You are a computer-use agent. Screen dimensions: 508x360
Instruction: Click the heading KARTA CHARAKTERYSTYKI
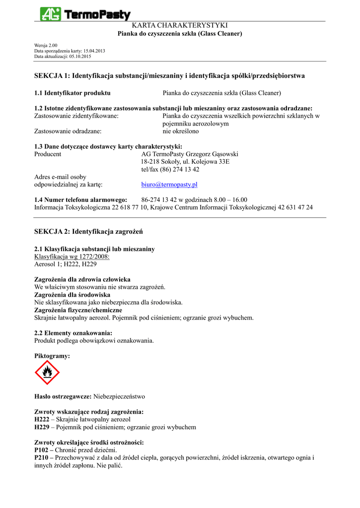point(179,25)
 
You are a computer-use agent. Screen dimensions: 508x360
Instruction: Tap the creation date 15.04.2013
point(93,51)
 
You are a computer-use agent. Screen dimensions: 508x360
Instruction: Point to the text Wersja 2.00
point(46,46)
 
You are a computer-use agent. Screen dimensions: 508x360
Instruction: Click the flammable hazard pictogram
point(47,373)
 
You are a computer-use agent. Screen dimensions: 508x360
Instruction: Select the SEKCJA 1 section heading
point(169,76)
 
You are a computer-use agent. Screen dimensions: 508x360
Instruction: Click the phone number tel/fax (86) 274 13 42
point(170,169)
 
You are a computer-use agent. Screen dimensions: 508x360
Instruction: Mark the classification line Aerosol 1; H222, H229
point(65,264)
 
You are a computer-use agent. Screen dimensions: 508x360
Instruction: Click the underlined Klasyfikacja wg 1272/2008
point(72,256)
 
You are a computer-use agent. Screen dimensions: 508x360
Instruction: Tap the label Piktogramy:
point(52,356)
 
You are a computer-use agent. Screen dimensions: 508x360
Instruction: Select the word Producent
point(48,154)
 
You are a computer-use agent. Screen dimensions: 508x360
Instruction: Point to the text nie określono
point(181,131)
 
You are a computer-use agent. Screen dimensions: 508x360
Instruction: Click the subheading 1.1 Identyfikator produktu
point(72,93)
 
